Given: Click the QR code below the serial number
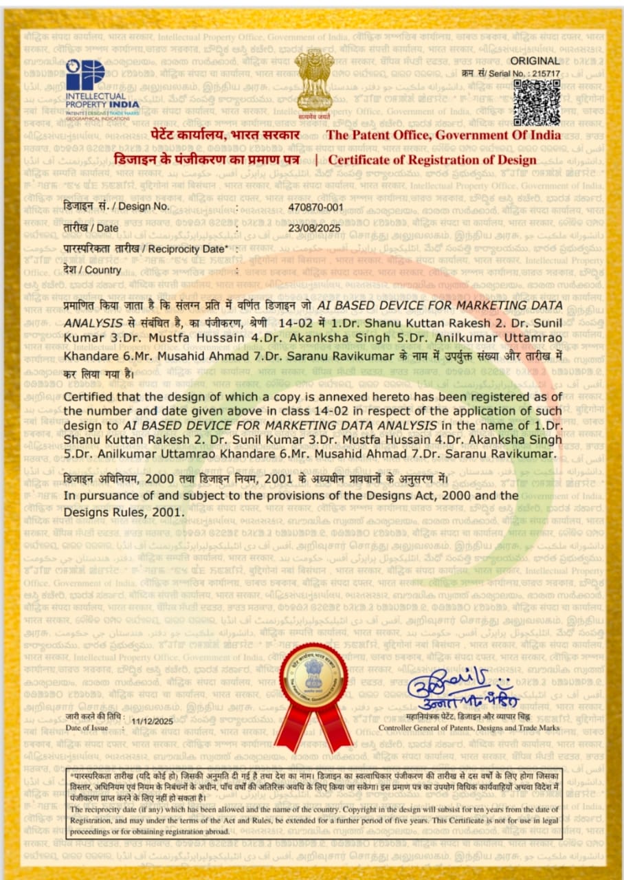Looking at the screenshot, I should [537, 102].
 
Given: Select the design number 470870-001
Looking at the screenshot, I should [315, 206].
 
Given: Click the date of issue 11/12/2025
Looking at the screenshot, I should [152, 720].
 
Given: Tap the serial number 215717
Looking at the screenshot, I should [546, 74].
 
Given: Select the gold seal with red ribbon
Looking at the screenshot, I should [313, 694].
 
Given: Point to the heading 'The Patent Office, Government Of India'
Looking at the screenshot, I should [443, 135].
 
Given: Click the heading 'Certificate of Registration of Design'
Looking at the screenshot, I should [432, 160].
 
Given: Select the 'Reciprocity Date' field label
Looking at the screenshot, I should [145, 248].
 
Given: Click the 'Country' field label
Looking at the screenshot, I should [93, 269].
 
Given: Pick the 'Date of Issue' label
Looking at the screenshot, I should [87, 727].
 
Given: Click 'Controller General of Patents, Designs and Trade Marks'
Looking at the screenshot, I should [469, 727].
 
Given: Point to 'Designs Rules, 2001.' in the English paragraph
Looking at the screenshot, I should [124, 511].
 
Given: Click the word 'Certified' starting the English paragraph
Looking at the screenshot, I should [87, 397].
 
